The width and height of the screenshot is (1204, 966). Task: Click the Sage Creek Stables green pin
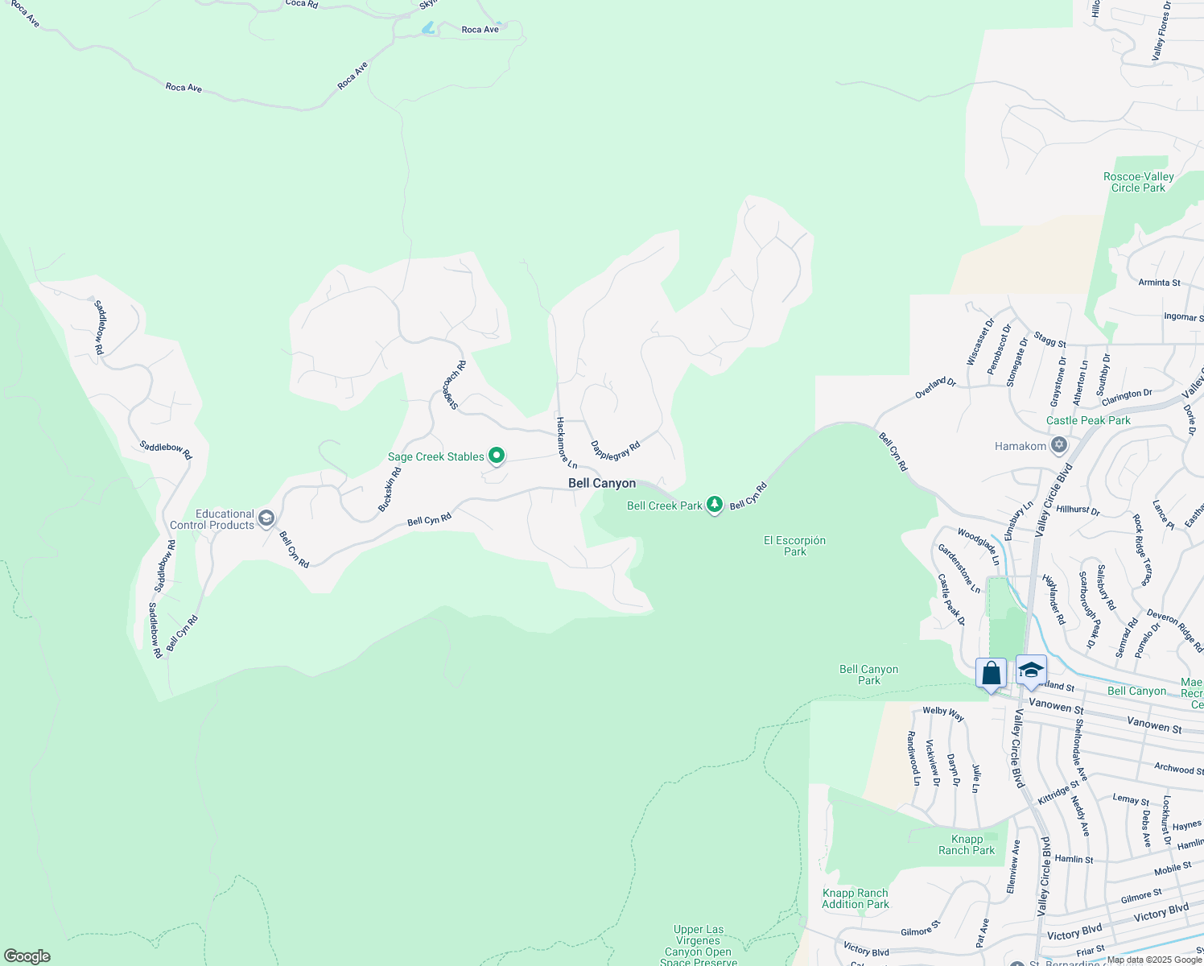coord(497,456)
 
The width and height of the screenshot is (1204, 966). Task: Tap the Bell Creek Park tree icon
coord(714,505)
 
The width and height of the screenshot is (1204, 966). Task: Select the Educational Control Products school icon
coord(266,518)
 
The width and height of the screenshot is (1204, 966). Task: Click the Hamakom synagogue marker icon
coord(1059,445)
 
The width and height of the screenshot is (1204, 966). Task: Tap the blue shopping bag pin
coord(991,673)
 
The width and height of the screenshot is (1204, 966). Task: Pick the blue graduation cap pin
coord(1031,670)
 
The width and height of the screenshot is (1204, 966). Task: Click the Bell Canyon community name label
coord(602,483)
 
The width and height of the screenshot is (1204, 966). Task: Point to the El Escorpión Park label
coord(794,546)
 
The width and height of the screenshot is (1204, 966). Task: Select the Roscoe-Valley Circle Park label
coord(1138,182)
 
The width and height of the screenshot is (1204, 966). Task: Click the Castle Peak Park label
coord(1088,420)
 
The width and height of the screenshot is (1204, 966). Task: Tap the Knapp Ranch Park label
coord(967,844)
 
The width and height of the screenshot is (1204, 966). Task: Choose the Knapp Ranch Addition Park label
coord(855,898)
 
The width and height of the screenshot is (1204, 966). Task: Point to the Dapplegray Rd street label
coord(615,449)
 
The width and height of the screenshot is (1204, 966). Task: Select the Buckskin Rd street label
coord(390,489)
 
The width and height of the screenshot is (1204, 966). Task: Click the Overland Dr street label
coord(935,388)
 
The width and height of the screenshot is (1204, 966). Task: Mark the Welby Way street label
coord(943,713)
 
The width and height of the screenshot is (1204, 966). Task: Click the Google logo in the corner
coord(27,956)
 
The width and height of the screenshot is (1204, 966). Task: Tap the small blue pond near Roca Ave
coord(428,29)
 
